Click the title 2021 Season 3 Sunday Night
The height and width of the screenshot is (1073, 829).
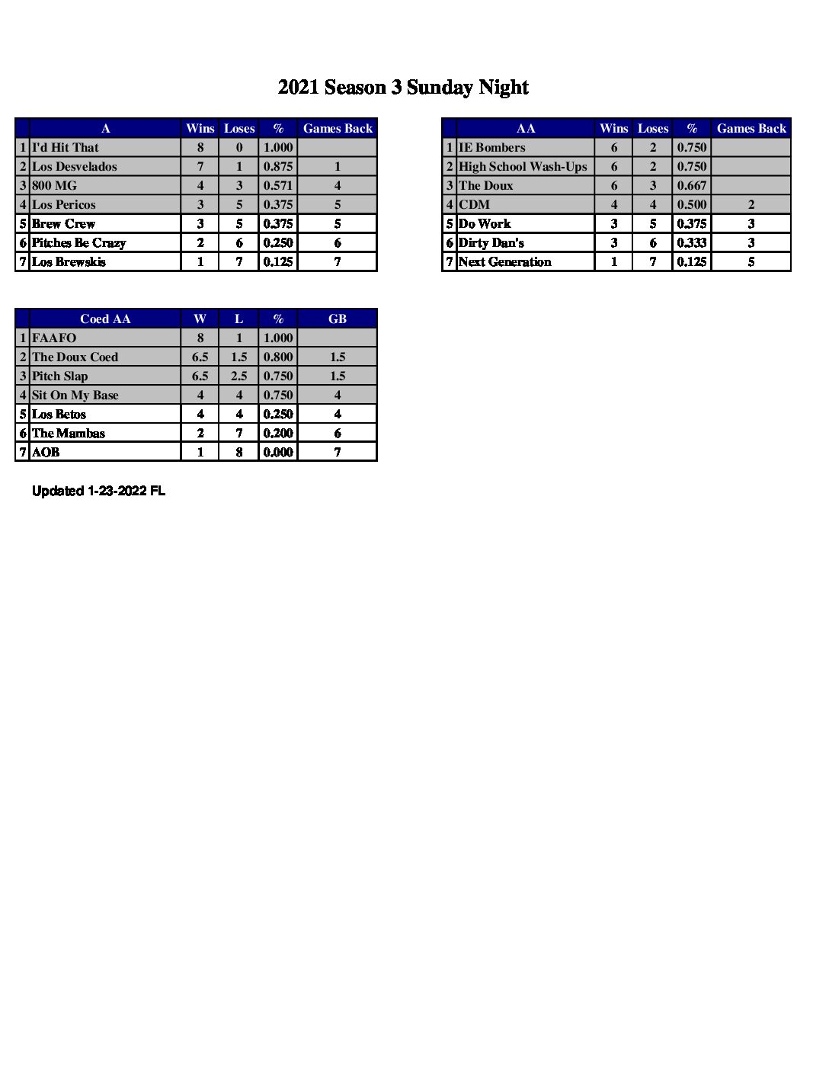click(403, 88)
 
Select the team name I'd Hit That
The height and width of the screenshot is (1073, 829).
click(66, 148)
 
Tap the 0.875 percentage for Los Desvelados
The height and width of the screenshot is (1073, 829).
click(278, 167)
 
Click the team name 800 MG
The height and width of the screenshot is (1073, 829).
click(55, 186)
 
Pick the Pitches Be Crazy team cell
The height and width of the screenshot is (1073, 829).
click(79, 243)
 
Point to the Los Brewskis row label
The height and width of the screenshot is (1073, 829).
click(69, 262)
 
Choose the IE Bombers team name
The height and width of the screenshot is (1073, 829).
click(492, 148)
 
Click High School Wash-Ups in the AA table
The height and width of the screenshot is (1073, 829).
click(523, 167)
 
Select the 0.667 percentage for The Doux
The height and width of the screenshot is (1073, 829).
click(692, 186)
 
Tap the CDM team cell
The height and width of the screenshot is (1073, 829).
click(475, 205)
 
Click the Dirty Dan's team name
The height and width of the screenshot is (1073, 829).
click(491, 243)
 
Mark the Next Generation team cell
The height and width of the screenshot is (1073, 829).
click(504, 262)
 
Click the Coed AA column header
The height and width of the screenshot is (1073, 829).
click(105, 319)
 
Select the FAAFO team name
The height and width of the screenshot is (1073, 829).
click(55, 338)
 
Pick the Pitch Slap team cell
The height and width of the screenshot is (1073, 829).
click(60, 376)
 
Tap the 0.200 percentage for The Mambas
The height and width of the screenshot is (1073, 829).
click(278, 434)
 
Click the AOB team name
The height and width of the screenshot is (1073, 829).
click(46, 453)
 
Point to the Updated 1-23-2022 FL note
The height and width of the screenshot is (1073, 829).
click(98, 492)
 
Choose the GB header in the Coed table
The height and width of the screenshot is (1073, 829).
click(338, 319)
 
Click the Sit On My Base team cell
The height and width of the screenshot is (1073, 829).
click(75, 396)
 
